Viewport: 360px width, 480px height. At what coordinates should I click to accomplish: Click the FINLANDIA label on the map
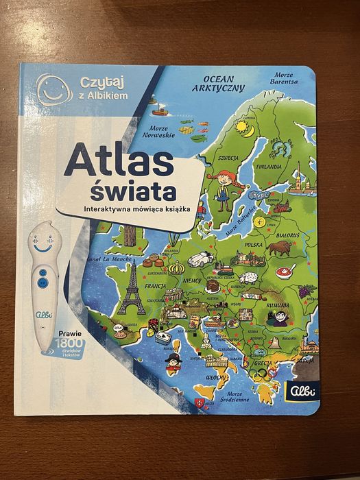pyautogui.click(x=268, y=166)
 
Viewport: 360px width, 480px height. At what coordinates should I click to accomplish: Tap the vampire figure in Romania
pyautogui.click(x=280, y=317)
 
